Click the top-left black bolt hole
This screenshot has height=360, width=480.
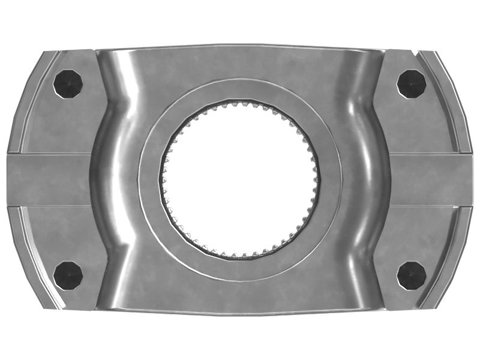click(67, 83)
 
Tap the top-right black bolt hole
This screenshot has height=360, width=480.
click(412, 83)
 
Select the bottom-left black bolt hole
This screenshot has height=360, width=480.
click(68, 275)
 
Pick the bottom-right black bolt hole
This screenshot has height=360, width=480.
click(412, 275)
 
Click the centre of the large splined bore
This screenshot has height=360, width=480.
click(239, 179)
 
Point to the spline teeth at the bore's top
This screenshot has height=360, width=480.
click(239, 104)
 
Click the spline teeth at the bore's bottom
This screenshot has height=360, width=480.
click(239, 256)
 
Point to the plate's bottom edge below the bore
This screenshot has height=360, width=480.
click(239, 312)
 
